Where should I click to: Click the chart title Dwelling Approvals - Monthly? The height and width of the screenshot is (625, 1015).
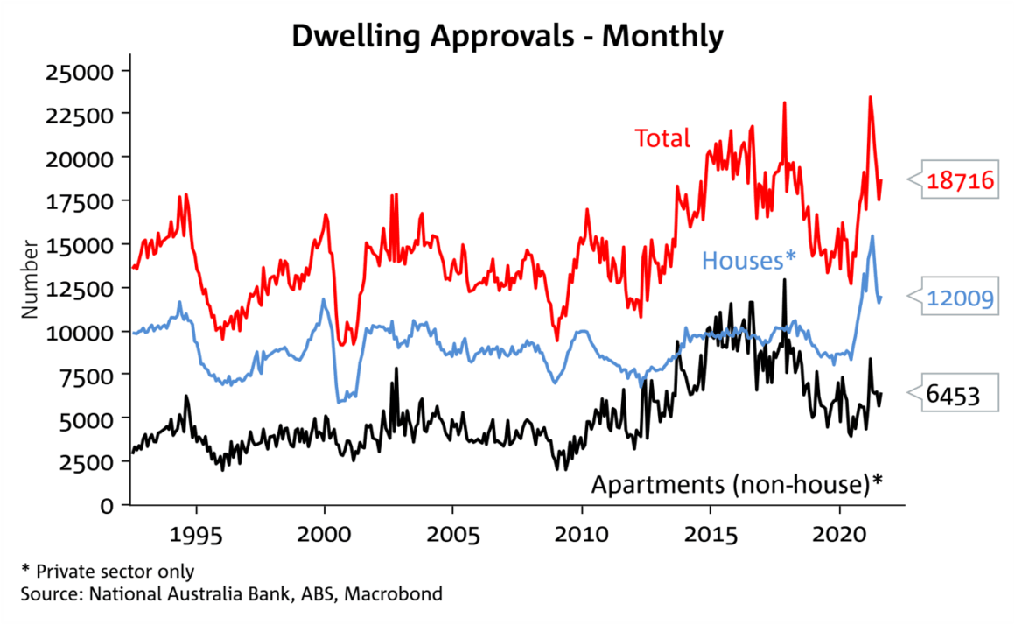click(507, 36)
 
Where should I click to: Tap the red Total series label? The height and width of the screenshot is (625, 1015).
click(662, 138)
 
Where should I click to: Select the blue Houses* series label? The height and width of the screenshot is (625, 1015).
click(749, 259)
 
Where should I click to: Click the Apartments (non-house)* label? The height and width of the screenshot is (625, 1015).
click(738, 484)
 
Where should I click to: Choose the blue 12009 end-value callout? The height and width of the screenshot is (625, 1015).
click(961, 300)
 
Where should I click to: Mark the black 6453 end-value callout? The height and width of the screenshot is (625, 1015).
click(953, 397)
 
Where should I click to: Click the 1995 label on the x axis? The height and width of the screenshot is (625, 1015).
click(196, 533)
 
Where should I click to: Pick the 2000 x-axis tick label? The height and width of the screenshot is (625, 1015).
click(325, 533)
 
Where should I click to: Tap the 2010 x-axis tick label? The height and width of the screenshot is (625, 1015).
click(582, 533)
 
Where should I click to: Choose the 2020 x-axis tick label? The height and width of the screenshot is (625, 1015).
click(840, 533)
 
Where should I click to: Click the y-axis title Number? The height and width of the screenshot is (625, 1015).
click(30, 278)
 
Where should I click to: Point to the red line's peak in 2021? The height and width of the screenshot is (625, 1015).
click(870, 97)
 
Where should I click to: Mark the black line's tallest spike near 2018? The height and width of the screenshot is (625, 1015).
click(784, 280)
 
